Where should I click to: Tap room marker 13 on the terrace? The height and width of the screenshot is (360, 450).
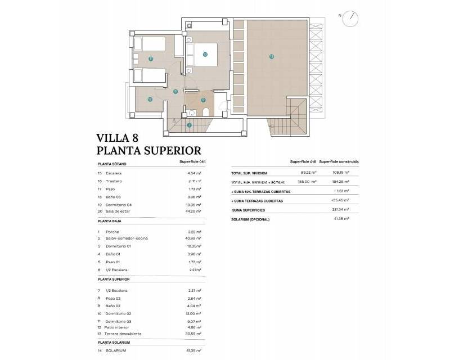(x=271, y=56)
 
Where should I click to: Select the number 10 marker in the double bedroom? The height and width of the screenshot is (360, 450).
(x=205, y=55)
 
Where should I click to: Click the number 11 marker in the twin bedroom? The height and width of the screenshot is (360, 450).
(x=151, y=58)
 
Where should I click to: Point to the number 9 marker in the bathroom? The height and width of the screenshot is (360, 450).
(x=203, y=100)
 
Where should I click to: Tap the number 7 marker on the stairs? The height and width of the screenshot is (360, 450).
(x=190, y=125)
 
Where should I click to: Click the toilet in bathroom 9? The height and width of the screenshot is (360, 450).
(x=205, y=113)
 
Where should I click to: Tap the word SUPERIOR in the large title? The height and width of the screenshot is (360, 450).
(x=169, y=150)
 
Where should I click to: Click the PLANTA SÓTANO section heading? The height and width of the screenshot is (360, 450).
(x=112, y=164)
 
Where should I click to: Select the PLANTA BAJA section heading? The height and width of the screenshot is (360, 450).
(x=110, y=222)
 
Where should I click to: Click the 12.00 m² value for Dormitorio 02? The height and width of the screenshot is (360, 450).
(x=193, y=313)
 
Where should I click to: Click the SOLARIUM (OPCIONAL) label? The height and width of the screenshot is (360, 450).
(x=250, y=219)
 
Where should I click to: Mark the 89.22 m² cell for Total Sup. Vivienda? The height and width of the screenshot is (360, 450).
(x=309, y=173)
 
